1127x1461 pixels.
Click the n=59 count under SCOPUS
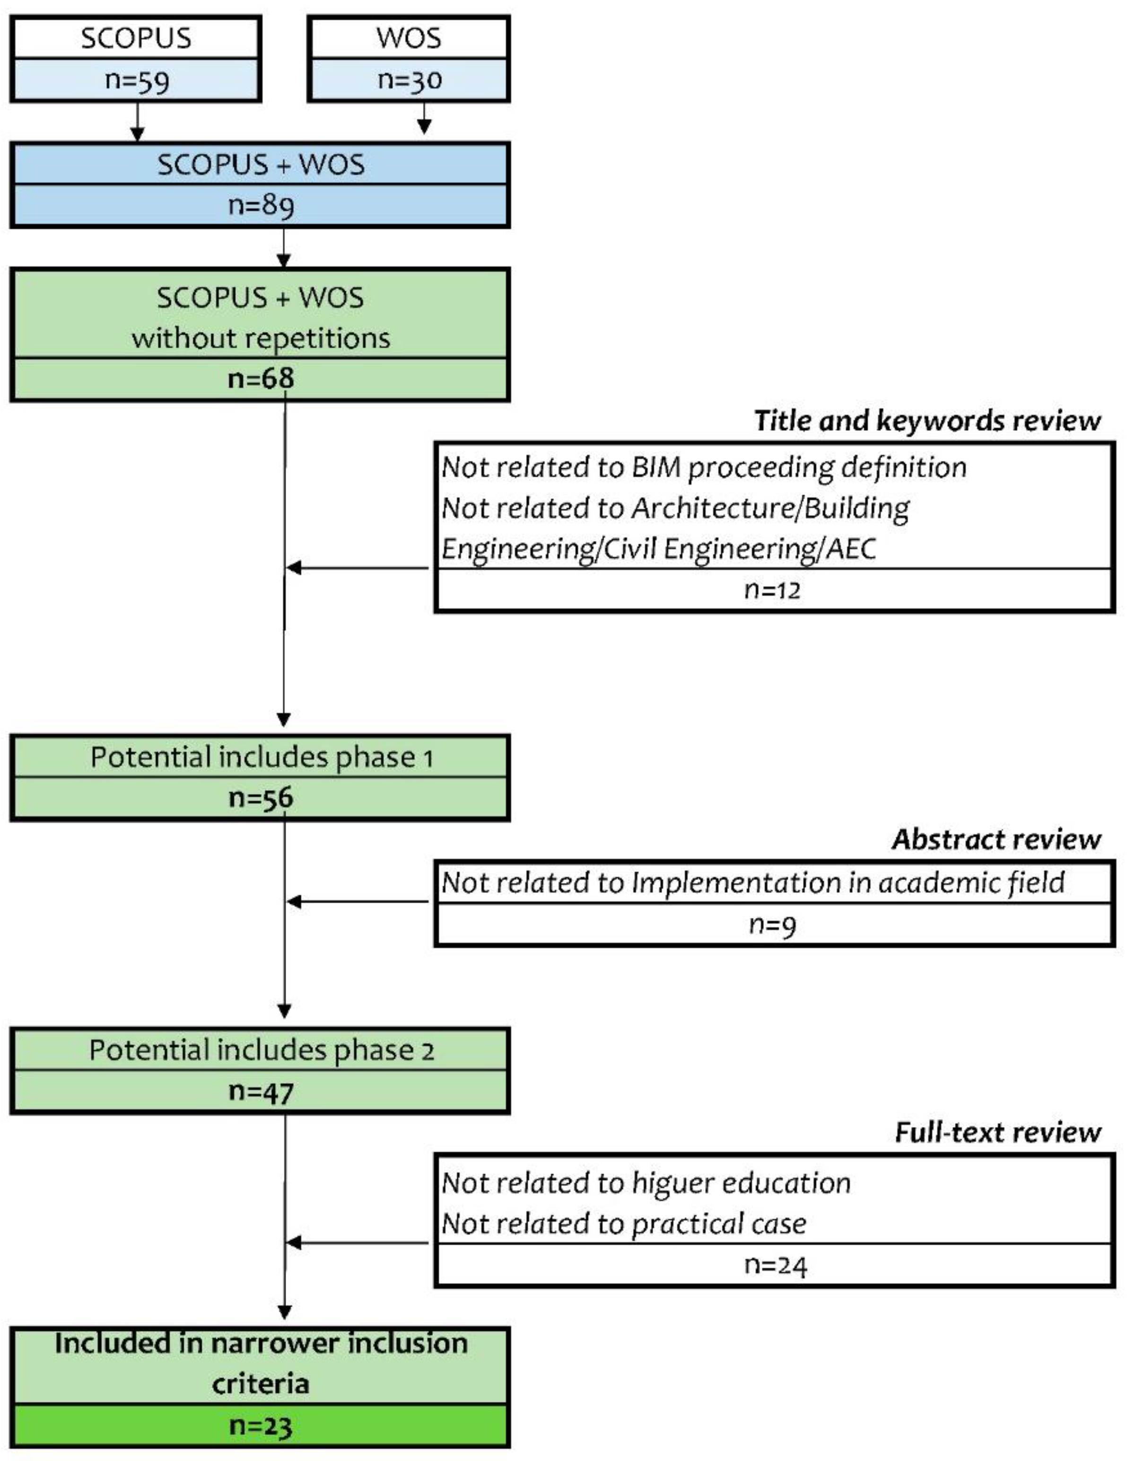(x=137, y=80)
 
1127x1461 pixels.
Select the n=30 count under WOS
(x=410, y=80)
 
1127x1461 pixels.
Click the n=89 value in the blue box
(x=260, y=205)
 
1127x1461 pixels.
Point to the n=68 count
(x=260, y=378)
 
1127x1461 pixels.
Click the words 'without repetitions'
(x=260, y=338)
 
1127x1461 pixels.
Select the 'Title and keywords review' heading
(x=927, y=421)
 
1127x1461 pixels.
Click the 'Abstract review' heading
(x=996, y=839)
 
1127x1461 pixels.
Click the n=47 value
(x=260, y=1092)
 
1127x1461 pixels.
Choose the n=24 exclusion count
(x=775, y=1266)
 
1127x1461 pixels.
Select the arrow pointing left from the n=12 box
(x=358, y=568)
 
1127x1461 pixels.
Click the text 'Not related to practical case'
(x=623, y=1224)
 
